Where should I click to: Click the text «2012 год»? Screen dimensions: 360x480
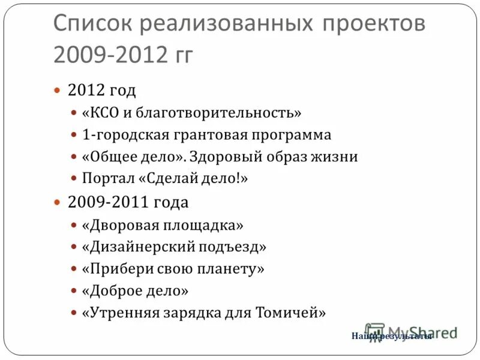tap(102, 91)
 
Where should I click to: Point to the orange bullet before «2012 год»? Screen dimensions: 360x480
tap(58, 91)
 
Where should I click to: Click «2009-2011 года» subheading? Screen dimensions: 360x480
tap(128, 203)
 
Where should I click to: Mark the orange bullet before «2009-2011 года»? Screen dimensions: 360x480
tap(58, 203)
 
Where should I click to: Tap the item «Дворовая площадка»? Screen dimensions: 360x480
tap(163, 225)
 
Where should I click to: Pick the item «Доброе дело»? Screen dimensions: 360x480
tap(136, 291)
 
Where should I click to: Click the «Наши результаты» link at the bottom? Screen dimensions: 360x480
tap(391, 337)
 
